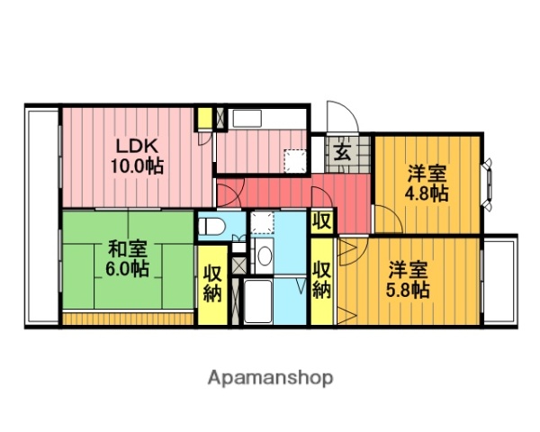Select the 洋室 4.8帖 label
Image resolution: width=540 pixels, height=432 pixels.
pos(426,182)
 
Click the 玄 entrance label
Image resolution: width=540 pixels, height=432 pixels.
pos(343,152)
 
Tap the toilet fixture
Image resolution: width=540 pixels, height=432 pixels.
pos(209,226)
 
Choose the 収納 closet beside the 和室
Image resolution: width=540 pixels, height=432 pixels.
pos(212,283)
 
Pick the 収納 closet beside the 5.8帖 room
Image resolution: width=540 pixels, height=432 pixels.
pos(322,280)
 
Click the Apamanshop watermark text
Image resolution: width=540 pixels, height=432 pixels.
pos(271,377)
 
